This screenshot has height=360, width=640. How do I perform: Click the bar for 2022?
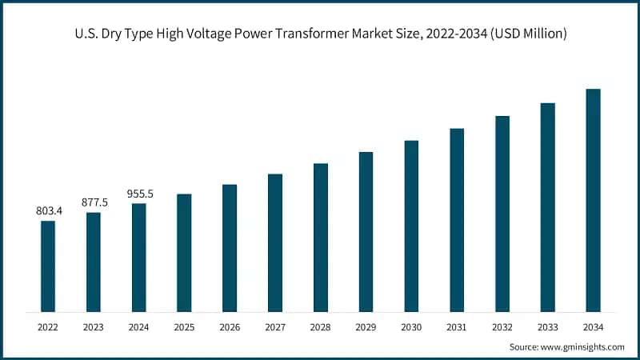pos(48,266)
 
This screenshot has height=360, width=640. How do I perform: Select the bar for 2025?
pos(184,252)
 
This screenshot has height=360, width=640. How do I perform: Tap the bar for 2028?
pos(321,237)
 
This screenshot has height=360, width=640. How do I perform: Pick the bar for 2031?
pos(457,219)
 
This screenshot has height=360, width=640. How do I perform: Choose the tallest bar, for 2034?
pos(593,200)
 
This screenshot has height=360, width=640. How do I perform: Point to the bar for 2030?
pos(411,226)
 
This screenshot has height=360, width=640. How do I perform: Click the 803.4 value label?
pos(48,210)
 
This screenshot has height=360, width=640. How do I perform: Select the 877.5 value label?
pos(94,202)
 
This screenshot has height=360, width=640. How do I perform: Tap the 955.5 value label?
pos(139,194)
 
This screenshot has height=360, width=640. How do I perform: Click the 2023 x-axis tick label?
pos(94,326)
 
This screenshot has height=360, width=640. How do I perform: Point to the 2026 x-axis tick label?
pos(230,326)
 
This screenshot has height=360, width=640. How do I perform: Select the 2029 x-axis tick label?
pos(366,326)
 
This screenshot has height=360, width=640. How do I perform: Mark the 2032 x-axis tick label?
pos(502,326)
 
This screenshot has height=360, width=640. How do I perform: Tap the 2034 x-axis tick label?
pos(593,326)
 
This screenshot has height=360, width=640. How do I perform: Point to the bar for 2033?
pos(547,206)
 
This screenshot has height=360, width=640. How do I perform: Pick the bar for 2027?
pos(275,242)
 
